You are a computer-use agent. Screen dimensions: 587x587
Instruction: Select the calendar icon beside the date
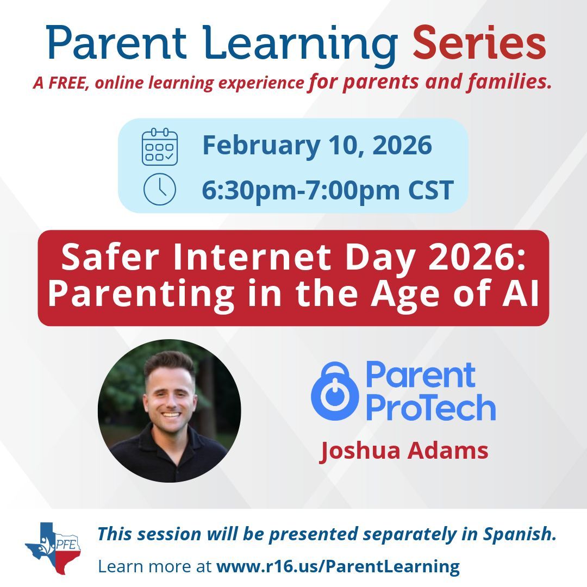[159, 147]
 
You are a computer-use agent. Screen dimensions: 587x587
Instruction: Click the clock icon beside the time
[159, 190]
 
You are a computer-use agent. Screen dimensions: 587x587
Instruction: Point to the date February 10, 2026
[317, 146]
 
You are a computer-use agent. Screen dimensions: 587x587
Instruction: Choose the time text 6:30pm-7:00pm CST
[327, 190]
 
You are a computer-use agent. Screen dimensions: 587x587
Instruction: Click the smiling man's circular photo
[169, 411]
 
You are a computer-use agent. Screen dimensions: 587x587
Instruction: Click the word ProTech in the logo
[430, 408]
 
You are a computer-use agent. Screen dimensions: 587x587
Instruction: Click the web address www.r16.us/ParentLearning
[338, 566]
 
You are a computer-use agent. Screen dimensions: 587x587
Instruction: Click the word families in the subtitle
[510, 83]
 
